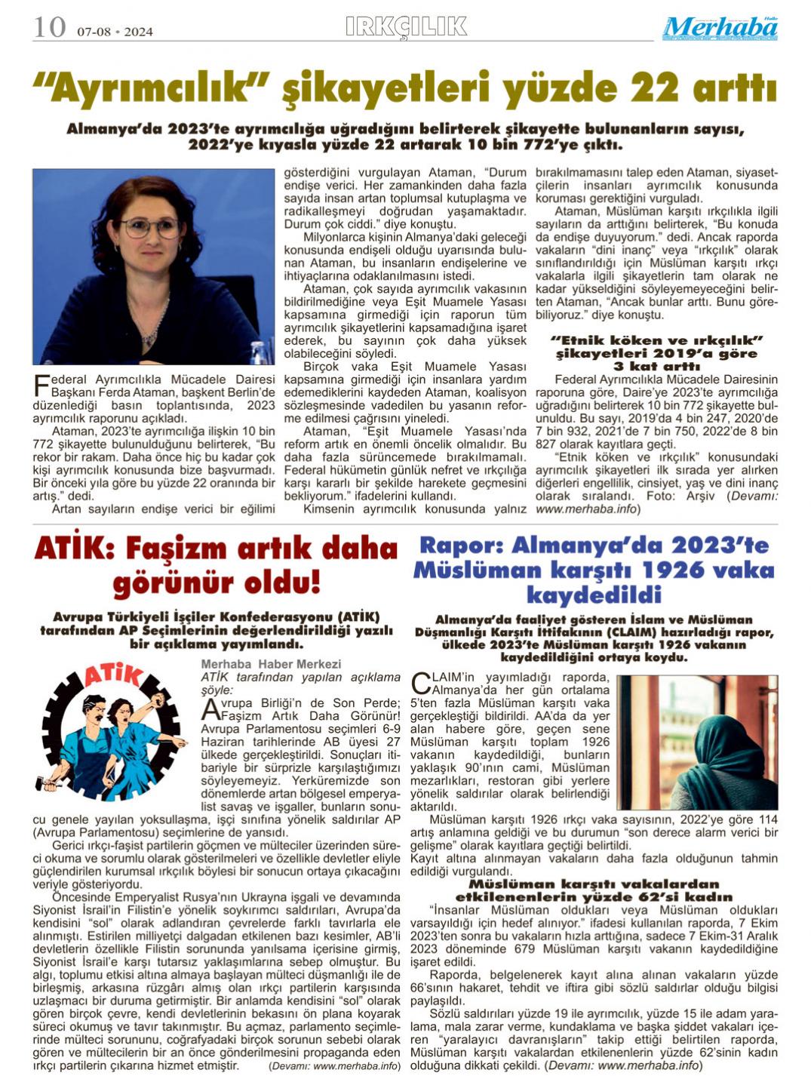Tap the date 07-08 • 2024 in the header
coord(115,32)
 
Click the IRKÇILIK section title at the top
coord(406,26)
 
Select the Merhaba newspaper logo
coord(720,28)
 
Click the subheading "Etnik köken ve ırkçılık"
coord(657,340)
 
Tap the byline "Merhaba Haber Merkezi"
coord(271,664)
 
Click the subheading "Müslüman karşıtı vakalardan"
coord(594,884)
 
